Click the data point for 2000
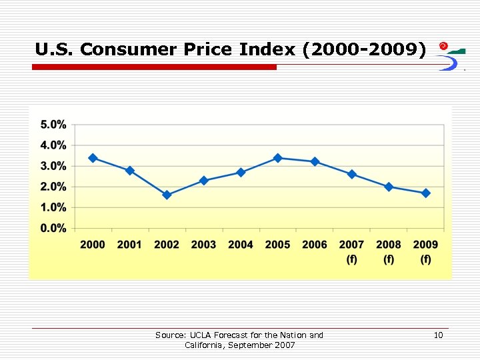(93, 158)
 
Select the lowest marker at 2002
(167, 195)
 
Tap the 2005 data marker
(278, 158)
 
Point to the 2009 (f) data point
(426, 193)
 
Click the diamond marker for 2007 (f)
(352, 174)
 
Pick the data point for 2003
(204, 181)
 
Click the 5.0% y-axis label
(53, 125)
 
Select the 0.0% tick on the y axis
(53, 229)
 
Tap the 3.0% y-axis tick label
(53, 166)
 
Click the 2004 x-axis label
(241, 245)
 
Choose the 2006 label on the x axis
(315, 245)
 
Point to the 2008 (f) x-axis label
(389, 251)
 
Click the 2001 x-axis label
(129, 245)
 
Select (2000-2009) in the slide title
(363, 49)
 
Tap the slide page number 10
(438, 335)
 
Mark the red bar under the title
(155, 67)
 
